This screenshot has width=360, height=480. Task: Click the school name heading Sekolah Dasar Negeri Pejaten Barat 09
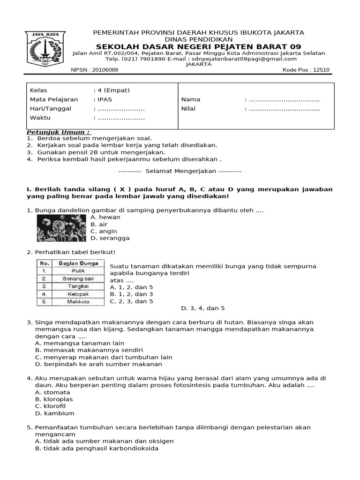coord(198,46)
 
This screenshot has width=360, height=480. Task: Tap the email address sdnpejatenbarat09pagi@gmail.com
coord(243,59)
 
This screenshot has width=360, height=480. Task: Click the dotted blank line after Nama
coord(284,99)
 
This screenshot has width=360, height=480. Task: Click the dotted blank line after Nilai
coord(284,109)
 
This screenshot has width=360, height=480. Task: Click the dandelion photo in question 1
coord(61,227)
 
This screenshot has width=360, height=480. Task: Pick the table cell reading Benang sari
coord(78,278)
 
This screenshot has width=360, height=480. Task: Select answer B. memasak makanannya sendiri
coord(89,350)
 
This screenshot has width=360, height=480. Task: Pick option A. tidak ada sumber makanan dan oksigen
coord(104,441)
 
